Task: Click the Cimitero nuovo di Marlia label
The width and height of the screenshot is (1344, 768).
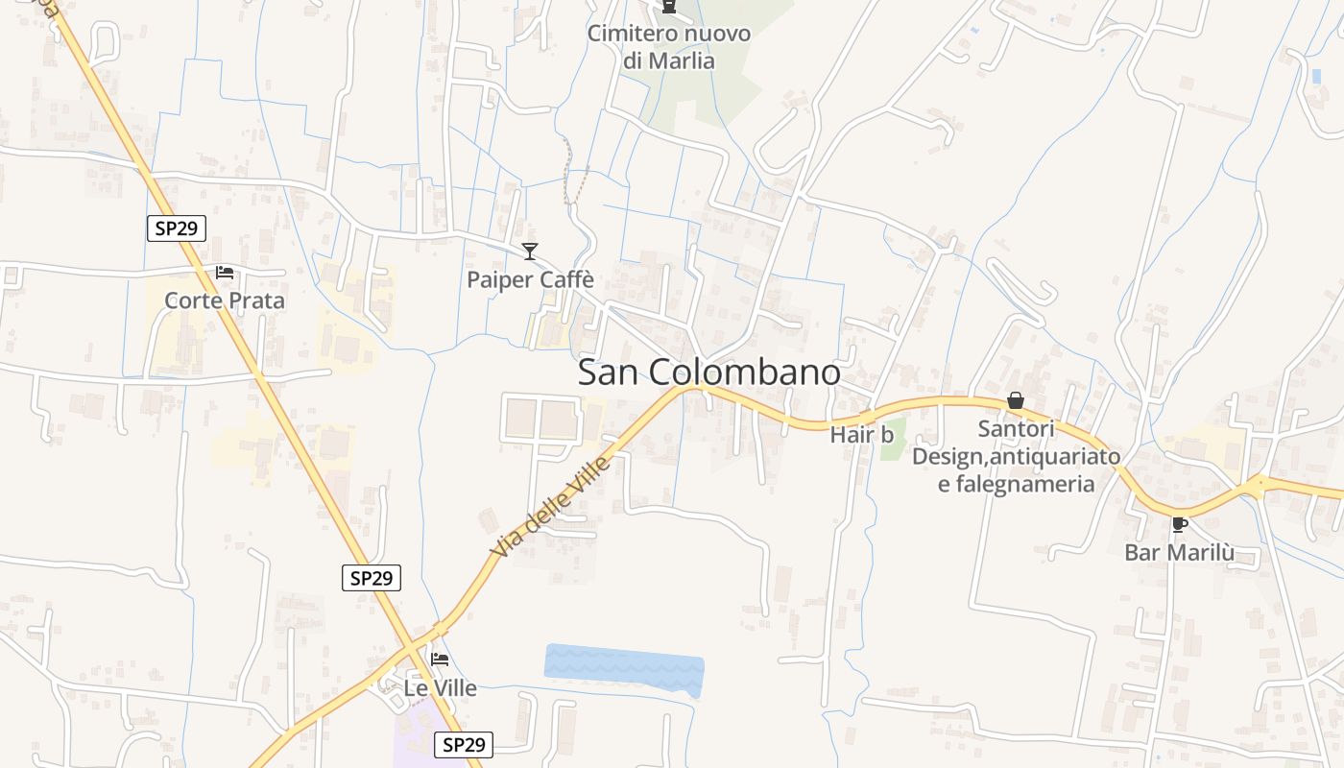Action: point(669,47)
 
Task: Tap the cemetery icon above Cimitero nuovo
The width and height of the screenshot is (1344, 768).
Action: point(669,8)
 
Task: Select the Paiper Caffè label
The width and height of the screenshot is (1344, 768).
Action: point(530,280)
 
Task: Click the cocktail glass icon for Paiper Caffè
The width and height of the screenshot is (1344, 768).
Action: point(530,252)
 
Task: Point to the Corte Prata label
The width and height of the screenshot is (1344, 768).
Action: point(225,300)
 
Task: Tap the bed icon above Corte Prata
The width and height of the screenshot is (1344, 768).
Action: point(225,273)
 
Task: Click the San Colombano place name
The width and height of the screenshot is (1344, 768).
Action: point(708,372)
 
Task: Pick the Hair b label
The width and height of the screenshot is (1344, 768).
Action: point(861,434)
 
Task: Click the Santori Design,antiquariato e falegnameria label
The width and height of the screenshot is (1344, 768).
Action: point(1016,456)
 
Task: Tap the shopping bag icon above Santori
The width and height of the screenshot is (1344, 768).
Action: point(1016,400)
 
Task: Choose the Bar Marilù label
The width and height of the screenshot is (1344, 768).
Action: point(1179,553)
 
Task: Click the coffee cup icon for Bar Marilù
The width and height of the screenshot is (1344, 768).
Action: point(1179,524)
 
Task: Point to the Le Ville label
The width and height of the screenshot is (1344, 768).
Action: point(440,687)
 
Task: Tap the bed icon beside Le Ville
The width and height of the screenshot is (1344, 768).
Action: point(440,660)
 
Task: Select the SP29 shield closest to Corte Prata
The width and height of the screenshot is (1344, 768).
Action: point(177,228)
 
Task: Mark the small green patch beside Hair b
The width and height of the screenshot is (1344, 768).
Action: point(894,440)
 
